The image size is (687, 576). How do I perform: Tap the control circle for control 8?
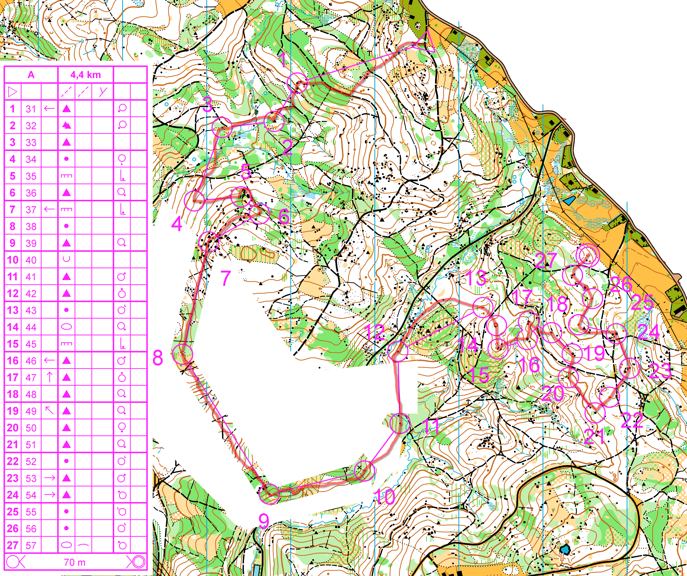pyautogui.click(x=182, y=354)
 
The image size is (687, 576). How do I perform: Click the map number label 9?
pyautogui.click(x=264, y=521)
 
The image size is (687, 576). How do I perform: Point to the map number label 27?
pyautogui.click(x=546, y=260)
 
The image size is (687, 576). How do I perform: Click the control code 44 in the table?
pyautogui.click(x=31, y=327)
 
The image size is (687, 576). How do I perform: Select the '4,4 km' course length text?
pyautogui.click(x=85, y=75)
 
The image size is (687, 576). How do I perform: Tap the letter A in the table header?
pyautogui.click(x=31, y=75)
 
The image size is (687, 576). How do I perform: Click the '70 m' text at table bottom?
pyautogui.click(x=75, y=562)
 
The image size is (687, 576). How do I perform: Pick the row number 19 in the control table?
pyautogui.click(x=13, y=411)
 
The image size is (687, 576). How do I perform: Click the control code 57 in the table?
pyautogui.click(x=31, y=545)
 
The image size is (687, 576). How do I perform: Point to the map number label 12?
pyautogui.click(x=375, y=332)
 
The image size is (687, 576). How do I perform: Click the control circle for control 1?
pyautogui.click(x=297, y=83)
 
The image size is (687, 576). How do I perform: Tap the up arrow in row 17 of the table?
pyautogui.click(x=50, y=377)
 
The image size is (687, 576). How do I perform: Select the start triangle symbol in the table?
pyautogui.click(x=13, y=92)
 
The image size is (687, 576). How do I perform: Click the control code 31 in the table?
pyautogui.click(x=31, y=109)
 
